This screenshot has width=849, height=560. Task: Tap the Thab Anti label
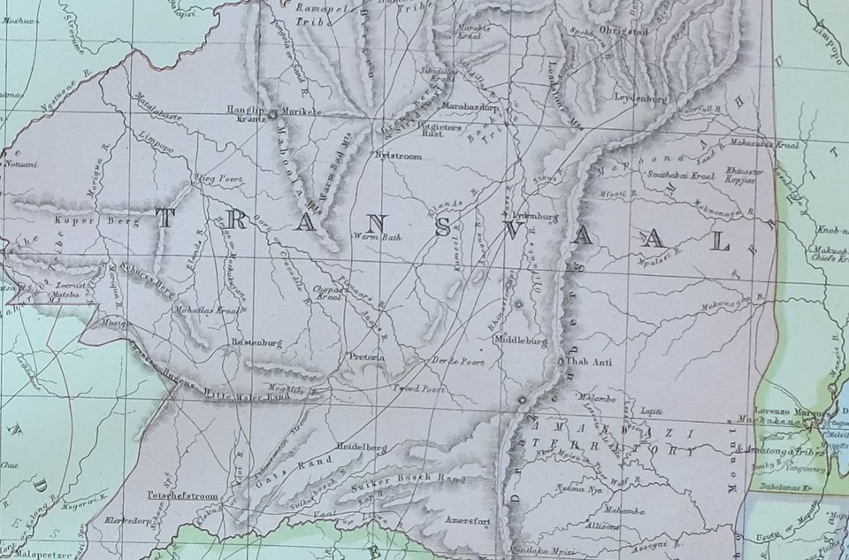[x=588, y=361]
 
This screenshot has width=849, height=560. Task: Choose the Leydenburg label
[x=638, y=99]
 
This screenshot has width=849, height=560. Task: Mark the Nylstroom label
[x=399, y=156]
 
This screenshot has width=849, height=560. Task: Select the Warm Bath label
[x=371, y=236]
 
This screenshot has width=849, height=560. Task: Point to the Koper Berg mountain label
[x=97, y=222]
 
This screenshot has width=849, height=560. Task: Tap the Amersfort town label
[x=469, y=520]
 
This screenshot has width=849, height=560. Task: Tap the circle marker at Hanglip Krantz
[x=274, y=113]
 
